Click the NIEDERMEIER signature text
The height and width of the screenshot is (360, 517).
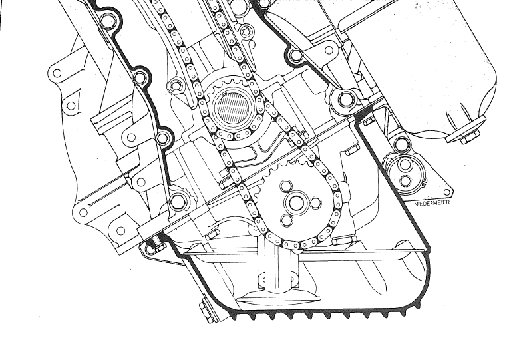(x=432, y=203)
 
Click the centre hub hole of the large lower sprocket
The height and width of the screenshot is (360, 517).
(x=295, y=203)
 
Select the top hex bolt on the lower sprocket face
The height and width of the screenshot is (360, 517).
(x=287, y=186)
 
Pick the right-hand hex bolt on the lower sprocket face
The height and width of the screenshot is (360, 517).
(x=315, y=204)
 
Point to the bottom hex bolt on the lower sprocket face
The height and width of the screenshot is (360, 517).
(x=287, y=220)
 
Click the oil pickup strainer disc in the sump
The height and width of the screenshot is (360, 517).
(x=279, y=299)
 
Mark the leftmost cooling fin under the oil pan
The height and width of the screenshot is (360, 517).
(x=234, y=317)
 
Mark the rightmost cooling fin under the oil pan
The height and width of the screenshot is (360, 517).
(x=419, y=305)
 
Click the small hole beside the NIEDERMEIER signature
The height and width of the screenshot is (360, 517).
(x=446, y=192)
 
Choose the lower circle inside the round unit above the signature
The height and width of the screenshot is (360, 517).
(x=405, y=180)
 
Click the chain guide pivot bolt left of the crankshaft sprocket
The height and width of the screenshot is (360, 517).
(x=176, y=87)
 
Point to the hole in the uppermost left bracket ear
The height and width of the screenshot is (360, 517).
(x=57, y=73)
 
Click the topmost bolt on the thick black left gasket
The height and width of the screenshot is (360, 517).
(x=107, y=21)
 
